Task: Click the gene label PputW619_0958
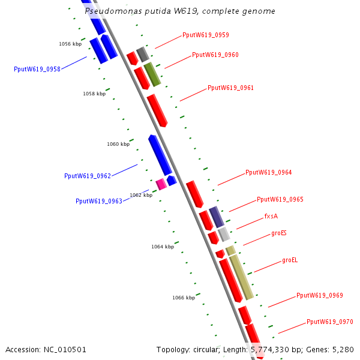tap(37, 69)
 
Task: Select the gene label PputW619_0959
tap(205, 35)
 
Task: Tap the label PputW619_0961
tap(230, 88)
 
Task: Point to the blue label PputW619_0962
tap(88, 176)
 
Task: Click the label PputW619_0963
tap(99, 201)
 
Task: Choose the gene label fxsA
tap(271, 216)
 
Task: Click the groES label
tap(279, 232)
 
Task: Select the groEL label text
tap(290, 260)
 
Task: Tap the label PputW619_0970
tap(329, 322)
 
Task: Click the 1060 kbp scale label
tap(118, 144)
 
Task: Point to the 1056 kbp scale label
tap(70, 44)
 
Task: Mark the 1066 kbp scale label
tap(183, 298)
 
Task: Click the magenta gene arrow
tap(160, 184)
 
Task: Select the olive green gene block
tap(152, 74)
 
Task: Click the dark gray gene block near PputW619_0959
tap(142, 54)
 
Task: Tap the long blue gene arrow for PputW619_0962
tap(160, 155)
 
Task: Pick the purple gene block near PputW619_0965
tap(216, 217)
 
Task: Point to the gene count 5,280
tap(343, 349)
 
